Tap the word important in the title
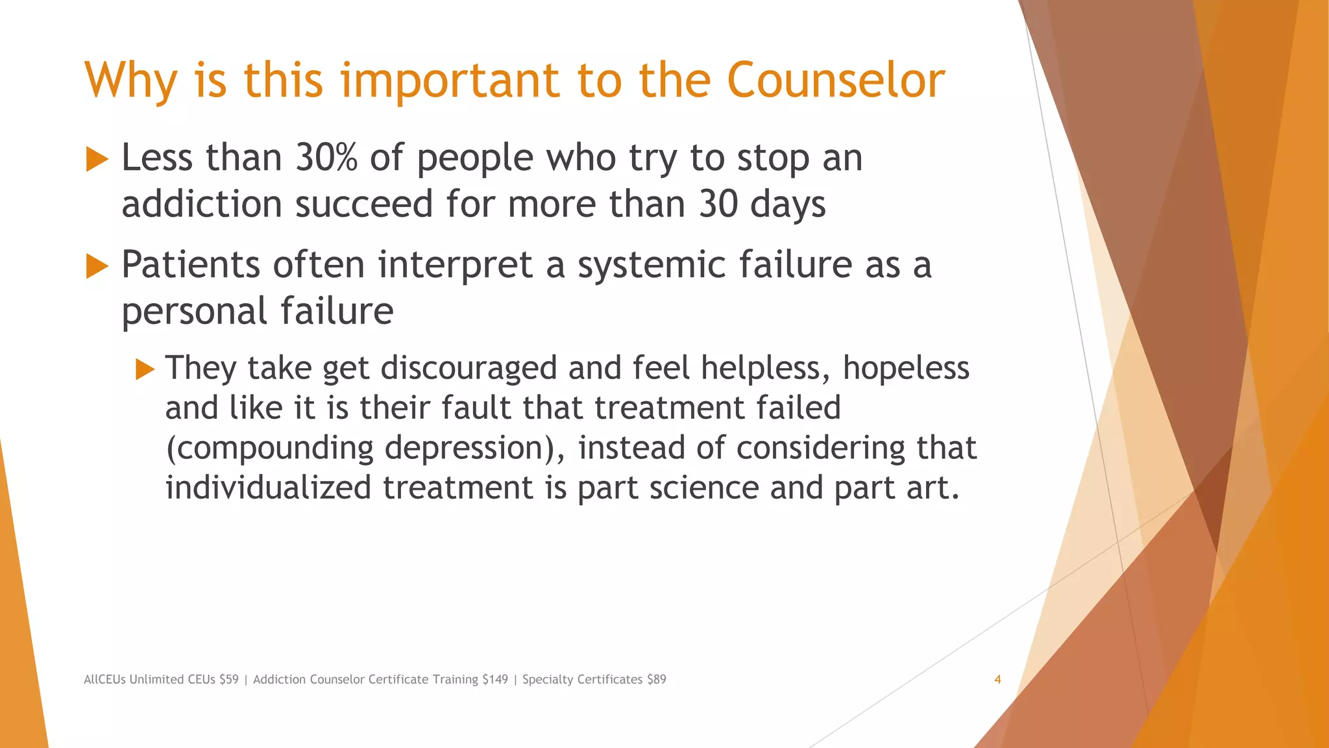450,81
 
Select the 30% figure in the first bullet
326,158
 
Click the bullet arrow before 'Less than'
97,159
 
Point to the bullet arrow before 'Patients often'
97,266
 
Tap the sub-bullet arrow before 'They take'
145,369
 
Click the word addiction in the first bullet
202,205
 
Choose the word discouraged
469,369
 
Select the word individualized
268,488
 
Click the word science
704,488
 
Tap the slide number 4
997,680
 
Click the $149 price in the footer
495,680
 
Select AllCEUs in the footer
104,680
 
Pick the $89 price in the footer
656,680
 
